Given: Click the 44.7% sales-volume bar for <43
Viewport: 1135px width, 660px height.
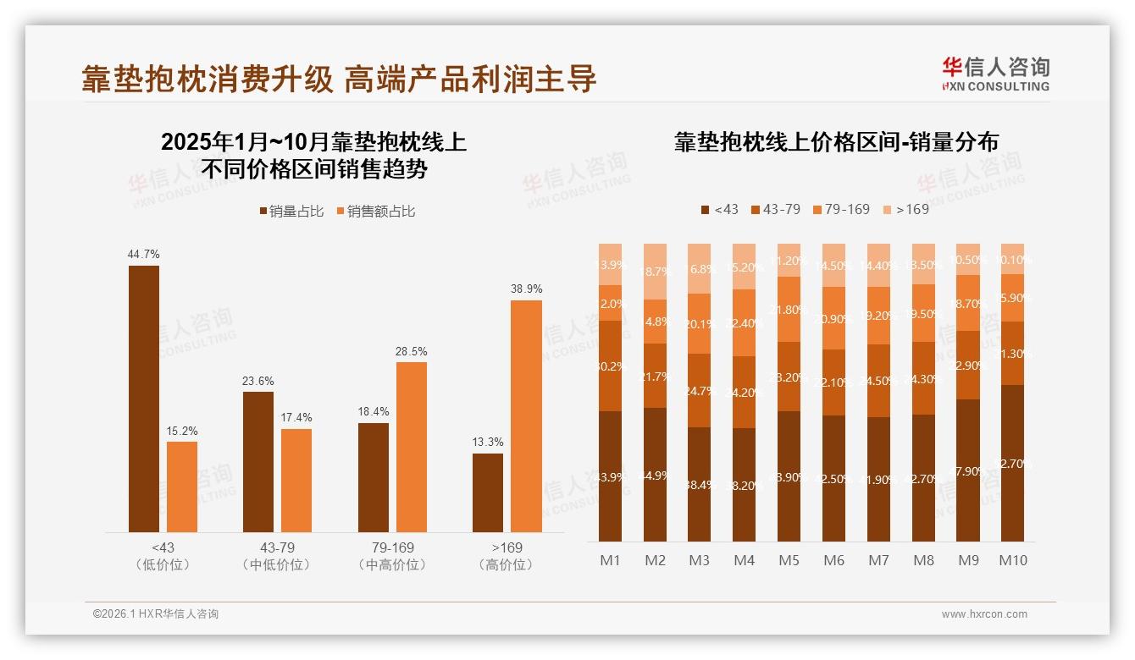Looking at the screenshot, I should (144, 399).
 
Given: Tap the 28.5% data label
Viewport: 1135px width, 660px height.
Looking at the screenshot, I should (411, 351).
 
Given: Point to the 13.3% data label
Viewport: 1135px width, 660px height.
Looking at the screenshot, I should (487, 442).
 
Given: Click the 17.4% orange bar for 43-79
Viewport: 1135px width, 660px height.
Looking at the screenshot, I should (296, 481).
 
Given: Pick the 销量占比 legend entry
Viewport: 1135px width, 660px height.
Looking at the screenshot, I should (291, 212).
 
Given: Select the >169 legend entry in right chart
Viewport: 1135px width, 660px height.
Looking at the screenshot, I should (906, 209).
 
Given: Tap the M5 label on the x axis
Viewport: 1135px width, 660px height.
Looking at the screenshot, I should (789, 560).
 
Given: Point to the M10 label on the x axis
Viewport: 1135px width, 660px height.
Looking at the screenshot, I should (1013, 560).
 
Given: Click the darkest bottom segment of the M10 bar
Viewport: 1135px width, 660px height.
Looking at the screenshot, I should (1012, 463).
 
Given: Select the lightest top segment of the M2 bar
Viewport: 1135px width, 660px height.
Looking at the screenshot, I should (655, 272).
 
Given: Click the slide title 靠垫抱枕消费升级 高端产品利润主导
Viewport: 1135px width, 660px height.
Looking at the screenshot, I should (339, 79).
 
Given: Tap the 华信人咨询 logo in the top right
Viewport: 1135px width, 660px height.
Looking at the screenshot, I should (995, 74).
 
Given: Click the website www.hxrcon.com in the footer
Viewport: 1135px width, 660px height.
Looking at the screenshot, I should (984, 614).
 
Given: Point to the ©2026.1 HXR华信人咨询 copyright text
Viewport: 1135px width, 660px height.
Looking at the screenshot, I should (156, 614).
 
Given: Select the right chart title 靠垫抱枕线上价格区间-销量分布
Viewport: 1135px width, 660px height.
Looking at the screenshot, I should (836, 142).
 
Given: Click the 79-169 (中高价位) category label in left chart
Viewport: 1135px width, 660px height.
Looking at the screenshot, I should (392, 556).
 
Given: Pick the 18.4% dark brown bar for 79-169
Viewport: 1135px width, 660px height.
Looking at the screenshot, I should (374, 477).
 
